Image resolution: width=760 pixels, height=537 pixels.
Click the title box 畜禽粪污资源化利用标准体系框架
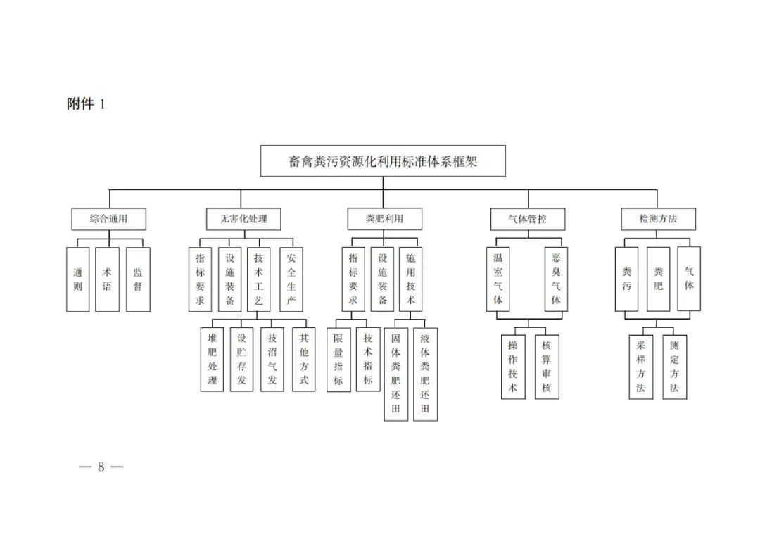[383, 161]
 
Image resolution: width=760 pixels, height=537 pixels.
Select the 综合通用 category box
[108, 219]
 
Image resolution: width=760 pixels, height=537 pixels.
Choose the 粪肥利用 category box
[384, 219]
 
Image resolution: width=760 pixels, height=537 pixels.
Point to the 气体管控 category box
[527, 219]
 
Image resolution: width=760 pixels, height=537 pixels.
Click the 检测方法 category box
[658, 219]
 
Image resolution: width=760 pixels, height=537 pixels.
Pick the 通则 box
[77, 279]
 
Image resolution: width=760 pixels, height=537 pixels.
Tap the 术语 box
[107, 279]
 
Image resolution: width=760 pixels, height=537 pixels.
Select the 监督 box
[138, 279]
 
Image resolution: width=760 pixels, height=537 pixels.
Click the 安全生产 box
[291, 279]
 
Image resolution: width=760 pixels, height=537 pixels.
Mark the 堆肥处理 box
[212, 359]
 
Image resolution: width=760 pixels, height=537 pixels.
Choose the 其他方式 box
[303, 359]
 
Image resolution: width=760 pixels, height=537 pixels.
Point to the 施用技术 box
[410, 279]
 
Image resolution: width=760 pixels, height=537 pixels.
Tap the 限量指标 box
[338, 359]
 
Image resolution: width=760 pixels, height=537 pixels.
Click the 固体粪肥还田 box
[395, 374]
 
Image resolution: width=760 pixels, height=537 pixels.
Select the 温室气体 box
[498, 279]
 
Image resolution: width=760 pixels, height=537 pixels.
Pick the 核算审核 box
[547, 367]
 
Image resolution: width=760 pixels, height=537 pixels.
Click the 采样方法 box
[640, 367]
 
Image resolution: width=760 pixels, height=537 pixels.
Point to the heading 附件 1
[86, 104]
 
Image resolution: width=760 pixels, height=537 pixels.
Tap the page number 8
[101, 467]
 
